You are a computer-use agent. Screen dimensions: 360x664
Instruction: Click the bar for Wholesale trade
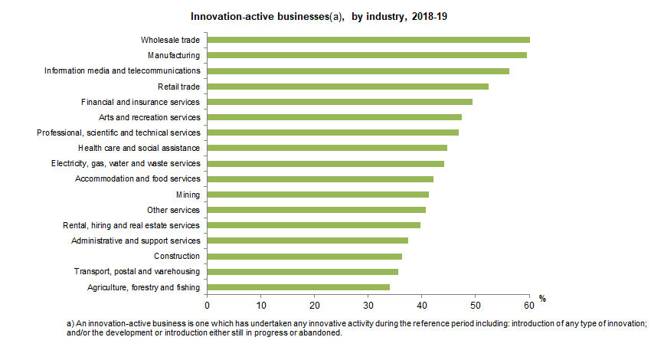point(368,40)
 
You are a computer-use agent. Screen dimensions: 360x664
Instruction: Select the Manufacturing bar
point(367,55)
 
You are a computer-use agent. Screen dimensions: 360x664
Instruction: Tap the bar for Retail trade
point(348,87)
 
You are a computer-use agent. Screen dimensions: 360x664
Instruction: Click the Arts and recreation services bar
point(335,117)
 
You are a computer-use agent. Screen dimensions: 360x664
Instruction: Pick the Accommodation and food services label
point(137,179)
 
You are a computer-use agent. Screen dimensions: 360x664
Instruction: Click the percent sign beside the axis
point(541,298)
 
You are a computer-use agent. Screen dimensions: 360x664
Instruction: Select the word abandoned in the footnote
point(323,333)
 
